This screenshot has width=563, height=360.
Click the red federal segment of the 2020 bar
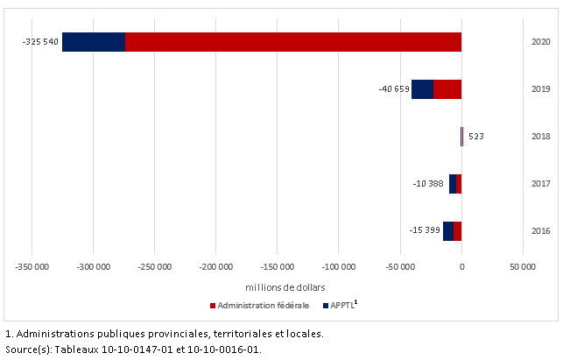click(293, 42)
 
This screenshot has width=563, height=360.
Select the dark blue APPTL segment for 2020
click(94, 42)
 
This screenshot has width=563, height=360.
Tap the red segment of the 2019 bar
click(447, 89)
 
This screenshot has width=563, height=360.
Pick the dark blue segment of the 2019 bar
click(422, 89)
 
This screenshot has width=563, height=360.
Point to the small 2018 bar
click(461, 137)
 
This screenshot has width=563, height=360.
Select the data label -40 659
click(391, 89)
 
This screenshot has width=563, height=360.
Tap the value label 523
click(476, 137)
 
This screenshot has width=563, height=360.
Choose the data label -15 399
click(424, 230)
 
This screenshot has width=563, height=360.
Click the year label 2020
click(540, 42)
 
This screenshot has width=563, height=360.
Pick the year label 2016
click(540, 230)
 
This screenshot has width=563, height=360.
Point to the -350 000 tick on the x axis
click(32, 267)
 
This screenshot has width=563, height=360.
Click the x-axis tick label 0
click(461, 267)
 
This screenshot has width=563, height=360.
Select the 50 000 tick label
click(523, 267)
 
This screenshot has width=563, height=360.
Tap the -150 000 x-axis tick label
click(278, 267)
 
